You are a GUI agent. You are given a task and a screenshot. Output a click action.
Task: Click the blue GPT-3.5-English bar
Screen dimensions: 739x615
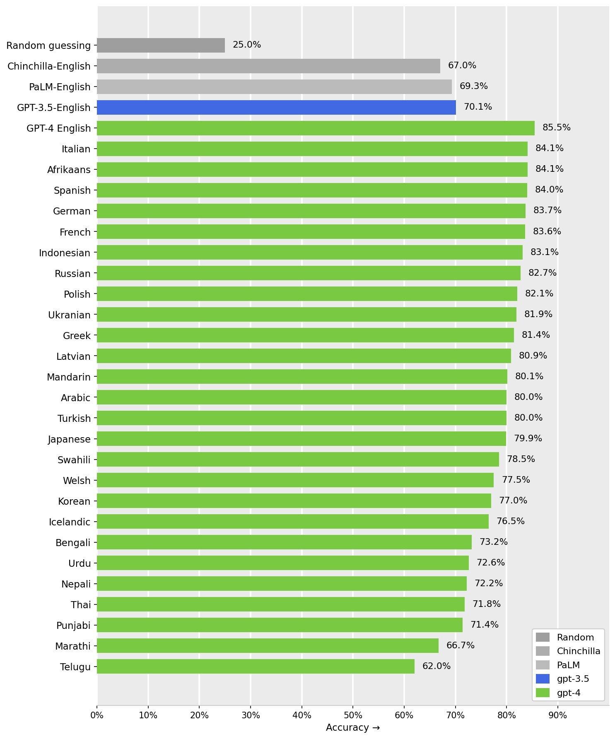[x=276, y=108]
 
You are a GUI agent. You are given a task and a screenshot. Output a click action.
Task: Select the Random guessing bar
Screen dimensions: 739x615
[x=161, y=46]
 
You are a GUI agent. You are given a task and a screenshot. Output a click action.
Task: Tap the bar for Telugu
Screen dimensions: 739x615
[x=256, y=667]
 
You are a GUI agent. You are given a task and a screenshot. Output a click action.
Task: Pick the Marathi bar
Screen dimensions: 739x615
[x=268, y=646]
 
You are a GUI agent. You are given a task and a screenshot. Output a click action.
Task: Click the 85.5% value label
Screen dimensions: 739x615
[x=556, y=128]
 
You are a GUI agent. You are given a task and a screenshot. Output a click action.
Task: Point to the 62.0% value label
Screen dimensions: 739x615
[x=436, y=667]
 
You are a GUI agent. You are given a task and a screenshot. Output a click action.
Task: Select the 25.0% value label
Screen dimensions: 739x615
[x=247, y=45]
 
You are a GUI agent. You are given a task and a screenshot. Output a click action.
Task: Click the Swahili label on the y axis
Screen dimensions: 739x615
[x=74, y=460]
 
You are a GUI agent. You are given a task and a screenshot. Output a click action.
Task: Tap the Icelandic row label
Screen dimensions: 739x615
[x=70, y=522]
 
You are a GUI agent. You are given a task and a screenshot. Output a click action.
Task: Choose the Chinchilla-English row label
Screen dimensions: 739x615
[x=49, y=66]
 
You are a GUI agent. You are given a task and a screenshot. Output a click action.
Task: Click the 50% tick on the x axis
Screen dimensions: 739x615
[x=353, y=716]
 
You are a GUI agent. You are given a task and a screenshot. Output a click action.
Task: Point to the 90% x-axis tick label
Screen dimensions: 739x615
[x=557, y=716]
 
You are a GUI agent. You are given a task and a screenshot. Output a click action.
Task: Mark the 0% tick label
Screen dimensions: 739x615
[x=97, y=716]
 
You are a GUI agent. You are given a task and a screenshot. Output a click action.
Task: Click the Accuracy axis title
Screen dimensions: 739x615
[x=353, y=728]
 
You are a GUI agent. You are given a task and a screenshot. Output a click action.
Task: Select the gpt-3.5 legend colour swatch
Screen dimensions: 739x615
[x=543, y=679]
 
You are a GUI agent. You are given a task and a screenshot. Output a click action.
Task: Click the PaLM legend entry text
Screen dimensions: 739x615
[x=568, y=665]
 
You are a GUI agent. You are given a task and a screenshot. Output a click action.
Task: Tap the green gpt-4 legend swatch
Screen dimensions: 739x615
[x=543, y=693]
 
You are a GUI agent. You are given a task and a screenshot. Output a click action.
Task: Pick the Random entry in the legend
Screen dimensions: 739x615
[x=575, y=638]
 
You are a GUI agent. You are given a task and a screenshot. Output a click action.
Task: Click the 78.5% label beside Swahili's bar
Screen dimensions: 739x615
[x=521, y=460]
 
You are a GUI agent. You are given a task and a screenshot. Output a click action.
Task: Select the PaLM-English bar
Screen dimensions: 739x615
[x=274, y=87]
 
